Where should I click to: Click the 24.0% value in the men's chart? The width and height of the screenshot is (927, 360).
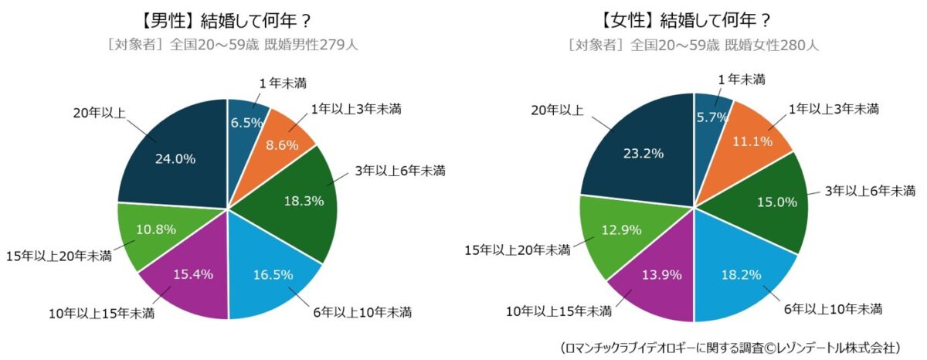[175, 158]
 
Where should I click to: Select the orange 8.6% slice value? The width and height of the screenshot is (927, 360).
[283, 144]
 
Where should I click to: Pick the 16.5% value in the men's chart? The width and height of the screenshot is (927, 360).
[270, 273]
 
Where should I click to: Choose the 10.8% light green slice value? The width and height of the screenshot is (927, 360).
[155, 229]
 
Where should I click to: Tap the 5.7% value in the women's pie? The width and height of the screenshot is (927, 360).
[712, 118]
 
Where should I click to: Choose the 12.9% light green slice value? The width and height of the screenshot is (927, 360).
[620, 229]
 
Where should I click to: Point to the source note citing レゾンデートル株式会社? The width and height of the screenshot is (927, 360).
[729, 348]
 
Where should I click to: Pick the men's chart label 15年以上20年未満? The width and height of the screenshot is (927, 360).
[59, 255]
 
